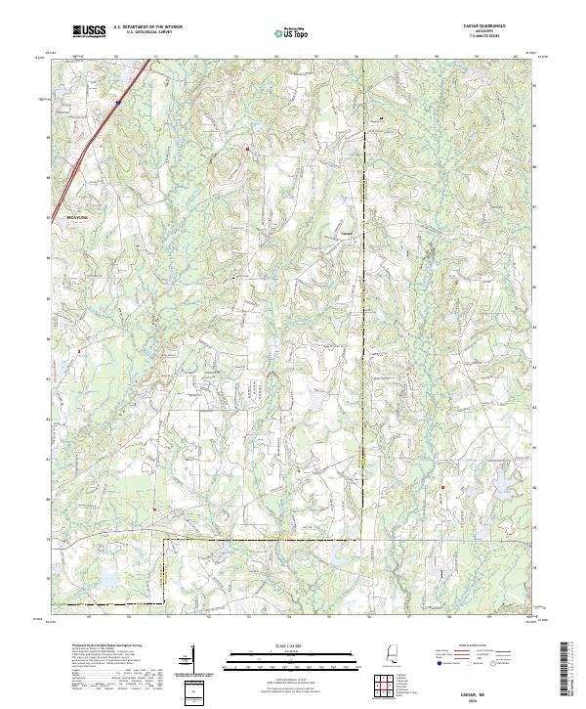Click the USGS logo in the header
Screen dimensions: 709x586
[89, 31]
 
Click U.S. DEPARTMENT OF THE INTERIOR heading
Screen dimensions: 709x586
[147, 27]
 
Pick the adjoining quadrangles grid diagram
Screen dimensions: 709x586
[385, 684]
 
